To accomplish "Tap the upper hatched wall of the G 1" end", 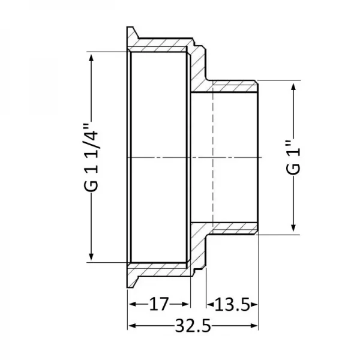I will [231, 87].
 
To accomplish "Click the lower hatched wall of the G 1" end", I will [231, 227].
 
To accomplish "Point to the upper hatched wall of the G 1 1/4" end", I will [159, 46].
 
